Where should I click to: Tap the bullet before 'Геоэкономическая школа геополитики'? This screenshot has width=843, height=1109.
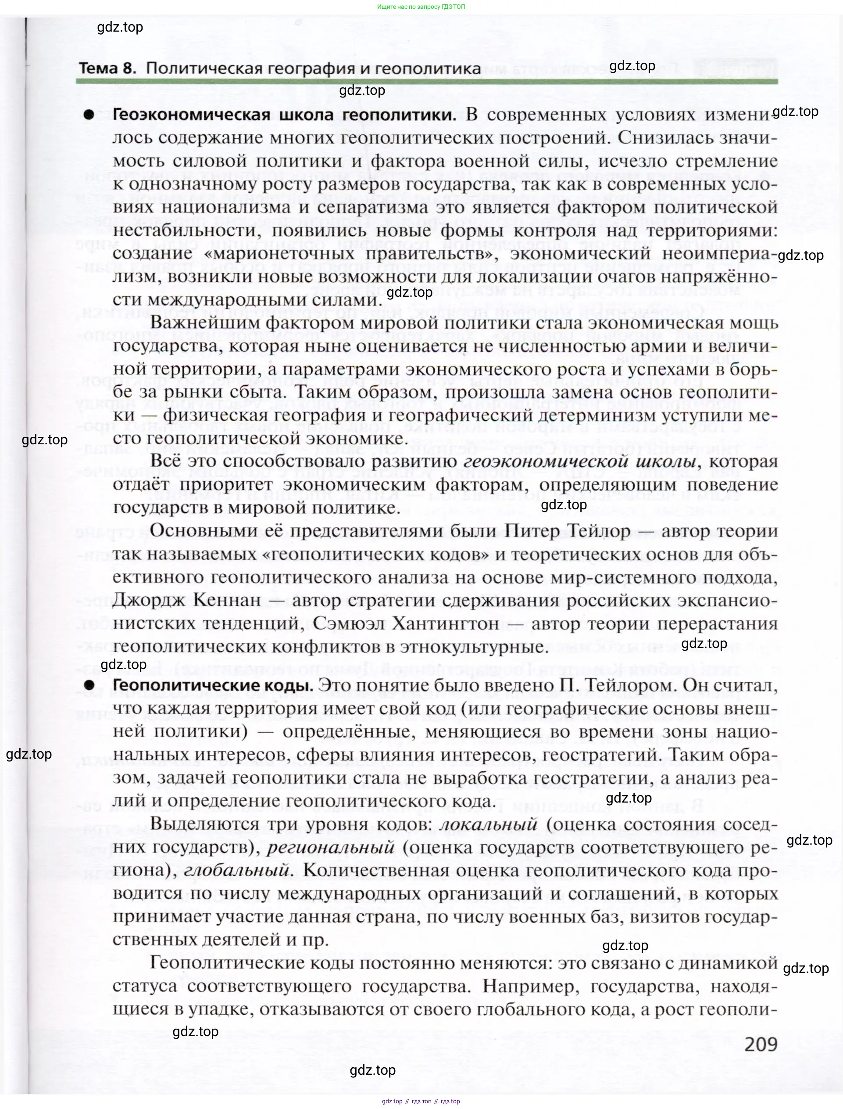pyautogui.click(x=89, y=115)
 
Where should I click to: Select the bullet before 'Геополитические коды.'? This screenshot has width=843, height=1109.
pyautogui.click(x=89, y=686)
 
